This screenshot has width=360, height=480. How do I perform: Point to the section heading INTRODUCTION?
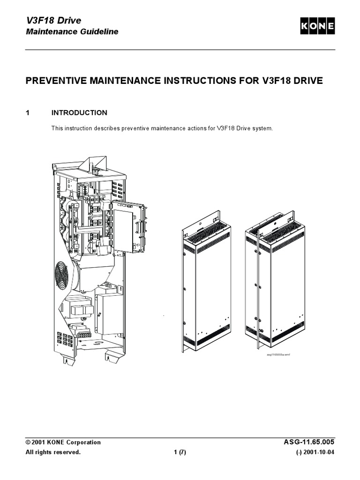79,113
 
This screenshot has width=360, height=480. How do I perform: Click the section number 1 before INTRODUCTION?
28,113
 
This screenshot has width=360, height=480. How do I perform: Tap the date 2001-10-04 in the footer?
318,452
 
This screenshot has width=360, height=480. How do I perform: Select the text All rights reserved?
53,452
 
